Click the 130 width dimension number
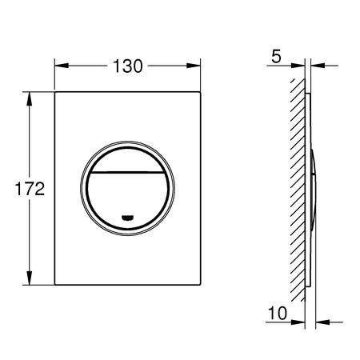coord(128,66)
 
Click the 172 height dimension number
coord(30,189)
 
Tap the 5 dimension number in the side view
coord(276,57)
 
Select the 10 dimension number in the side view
coord(278,313)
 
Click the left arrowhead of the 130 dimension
coord(62,66)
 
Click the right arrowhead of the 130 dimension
coord(194,66)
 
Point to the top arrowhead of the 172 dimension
coord(29,99)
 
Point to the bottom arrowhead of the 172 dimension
coord(29,278)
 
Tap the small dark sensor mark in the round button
coord(127,218)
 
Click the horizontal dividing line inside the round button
coord(127,172)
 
